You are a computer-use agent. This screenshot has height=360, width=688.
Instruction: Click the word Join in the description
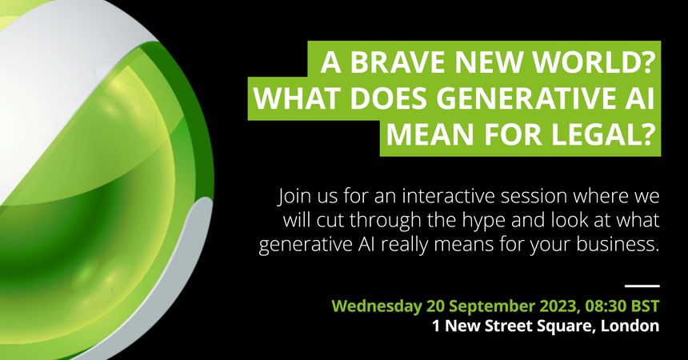point(292,197)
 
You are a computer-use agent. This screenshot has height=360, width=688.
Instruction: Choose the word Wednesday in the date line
point(377,306)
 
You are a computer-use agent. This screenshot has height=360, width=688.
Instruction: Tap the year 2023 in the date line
point(556,306)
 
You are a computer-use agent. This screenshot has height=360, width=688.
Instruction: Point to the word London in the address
point(630,326)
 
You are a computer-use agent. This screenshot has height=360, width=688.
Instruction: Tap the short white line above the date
point(642,286)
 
